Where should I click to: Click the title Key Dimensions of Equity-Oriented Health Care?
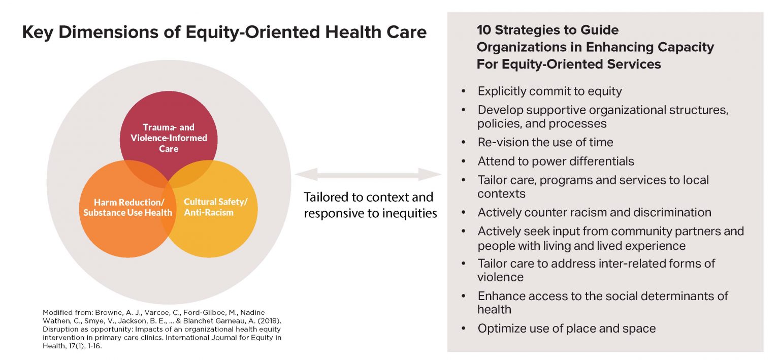coord(224,32)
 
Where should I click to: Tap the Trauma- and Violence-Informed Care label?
coord(169,138)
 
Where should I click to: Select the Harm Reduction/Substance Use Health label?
coord(127,207)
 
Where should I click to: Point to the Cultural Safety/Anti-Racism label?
coord(215,207)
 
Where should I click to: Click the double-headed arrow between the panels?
coord(368,175)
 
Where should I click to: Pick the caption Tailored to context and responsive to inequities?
coord(370,205)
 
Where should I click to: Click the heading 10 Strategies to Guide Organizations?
coord(595,47)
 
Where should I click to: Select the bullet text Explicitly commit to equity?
coord(549,91)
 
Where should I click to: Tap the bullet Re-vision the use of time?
coord(545,142)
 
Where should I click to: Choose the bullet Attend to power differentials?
coord(556,161)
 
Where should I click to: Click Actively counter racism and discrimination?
coord(594,212)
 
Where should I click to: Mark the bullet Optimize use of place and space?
coord(566,329)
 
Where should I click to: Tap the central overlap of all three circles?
coord(169,186)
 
